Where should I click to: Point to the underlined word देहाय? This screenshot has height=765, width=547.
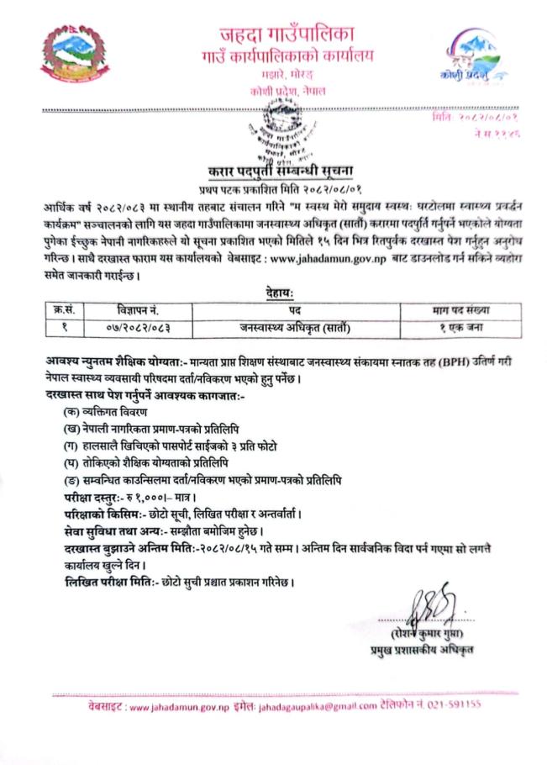[275, 293]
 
